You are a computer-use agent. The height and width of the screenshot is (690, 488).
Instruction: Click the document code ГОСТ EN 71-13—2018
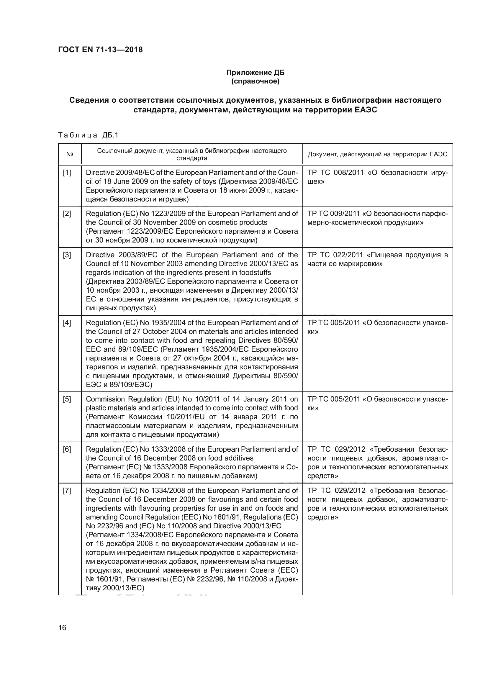tap(100, 50)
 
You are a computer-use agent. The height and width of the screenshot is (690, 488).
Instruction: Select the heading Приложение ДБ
tap(255, 73)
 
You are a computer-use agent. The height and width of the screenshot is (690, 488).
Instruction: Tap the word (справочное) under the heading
tap(255, 81)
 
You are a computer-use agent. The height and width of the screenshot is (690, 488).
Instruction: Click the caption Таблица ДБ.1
tap(88, 135)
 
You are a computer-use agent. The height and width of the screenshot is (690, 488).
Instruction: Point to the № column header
tap(69, 154)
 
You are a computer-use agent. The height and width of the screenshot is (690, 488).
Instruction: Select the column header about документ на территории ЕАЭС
tap(377, 154)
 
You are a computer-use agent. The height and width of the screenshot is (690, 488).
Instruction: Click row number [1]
tap(67, 173)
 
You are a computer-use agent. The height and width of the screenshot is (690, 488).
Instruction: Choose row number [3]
tap(67, 255)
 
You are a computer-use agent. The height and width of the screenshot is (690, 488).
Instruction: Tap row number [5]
tap(67, 399)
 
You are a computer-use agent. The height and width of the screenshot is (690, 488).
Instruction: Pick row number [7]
tap(67, 491)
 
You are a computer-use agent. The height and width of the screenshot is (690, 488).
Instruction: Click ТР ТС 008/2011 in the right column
tap(335, 173)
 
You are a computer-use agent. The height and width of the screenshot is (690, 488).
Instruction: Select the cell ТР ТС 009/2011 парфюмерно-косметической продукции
tap(377, 218)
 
